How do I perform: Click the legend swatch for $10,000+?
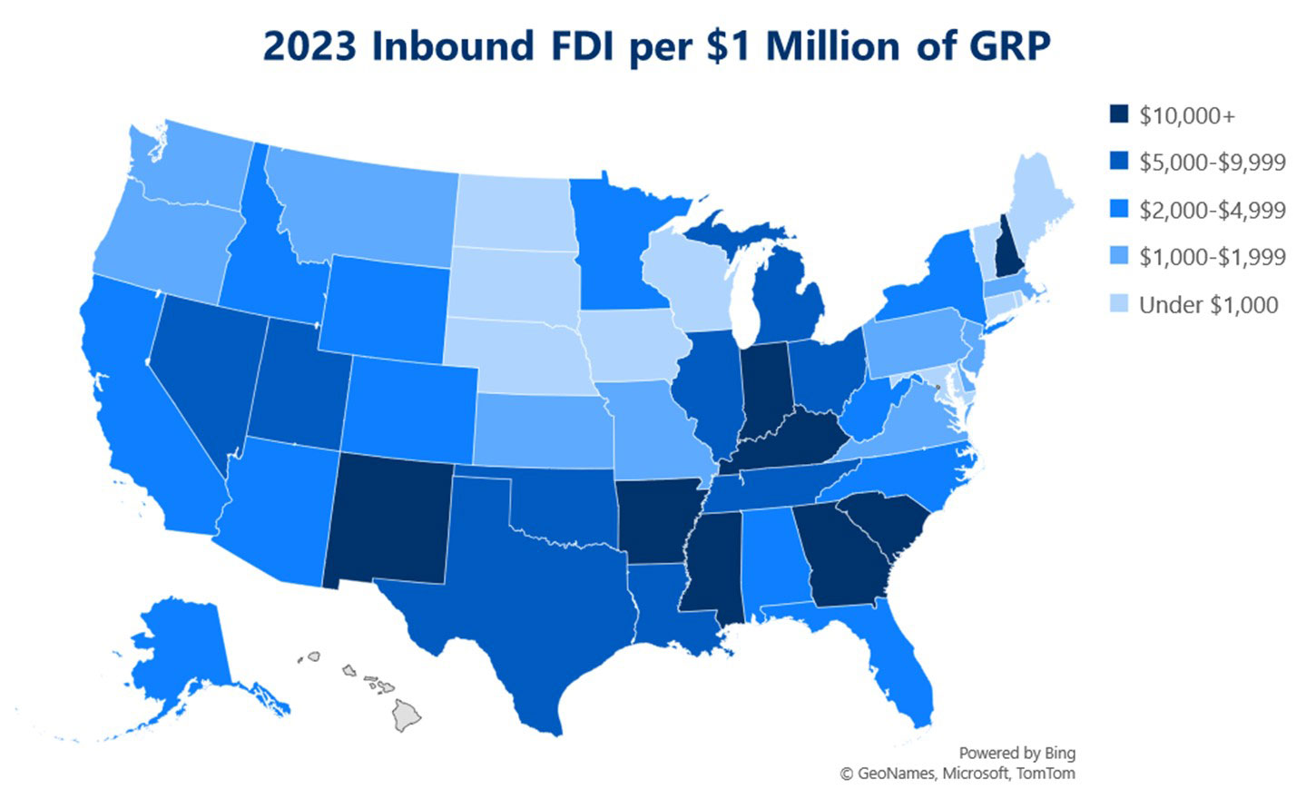click(x=1119, y=115)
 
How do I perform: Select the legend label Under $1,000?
click(x=1208, y=305)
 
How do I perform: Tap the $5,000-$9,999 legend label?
click(x=1212, y=163)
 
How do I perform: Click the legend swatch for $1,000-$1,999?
click(x=1119, y=257)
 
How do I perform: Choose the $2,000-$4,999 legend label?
click(x=1212, y=210)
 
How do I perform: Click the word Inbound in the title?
click(x=451, y=46)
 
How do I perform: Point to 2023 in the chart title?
click(x=309, y=46)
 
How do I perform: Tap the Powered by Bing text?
click(x=1016, y=753)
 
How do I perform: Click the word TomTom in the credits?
click(x=1046, y=774)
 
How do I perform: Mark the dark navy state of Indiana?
click(x=764, y=386)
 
